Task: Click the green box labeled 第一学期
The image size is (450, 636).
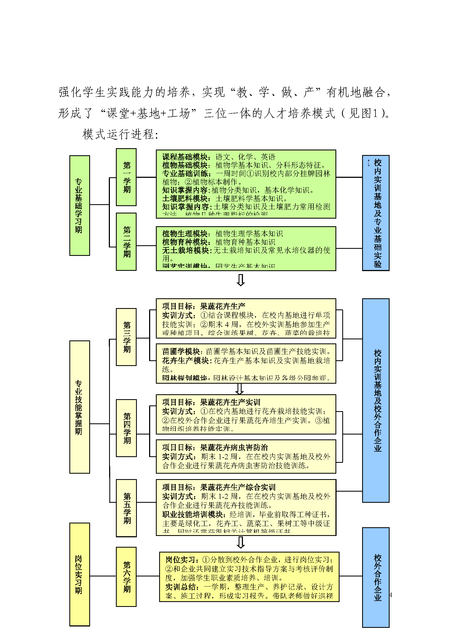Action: [x=126, y=177]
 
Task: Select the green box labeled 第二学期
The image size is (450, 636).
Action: [x=126, y=241]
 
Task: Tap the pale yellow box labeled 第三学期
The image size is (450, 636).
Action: [x=126, y=337]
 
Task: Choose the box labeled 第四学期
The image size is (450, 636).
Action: [x=126, y=428]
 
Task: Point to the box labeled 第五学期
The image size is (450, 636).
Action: [x=126, y=508]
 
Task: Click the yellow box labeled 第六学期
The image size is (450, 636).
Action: [x=126, y=577]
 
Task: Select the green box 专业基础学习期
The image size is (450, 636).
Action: [x=79, y=205]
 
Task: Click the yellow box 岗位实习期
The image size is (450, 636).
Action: [x=79, y=574]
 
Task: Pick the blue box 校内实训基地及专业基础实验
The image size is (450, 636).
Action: [x=376, y=213]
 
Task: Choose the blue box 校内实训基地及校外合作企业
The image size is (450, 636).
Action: [x=376, y=400]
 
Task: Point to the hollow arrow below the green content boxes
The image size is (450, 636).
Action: [x=241, y=280]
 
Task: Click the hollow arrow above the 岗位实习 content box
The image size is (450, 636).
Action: [x=241, y=542]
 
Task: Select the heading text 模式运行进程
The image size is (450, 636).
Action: [x=120, y=135]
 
